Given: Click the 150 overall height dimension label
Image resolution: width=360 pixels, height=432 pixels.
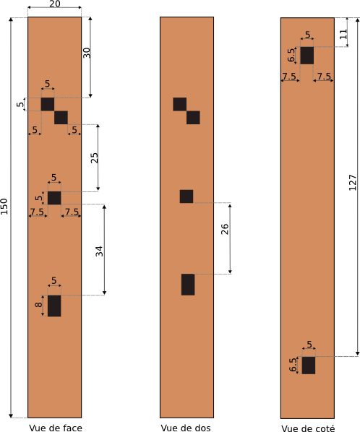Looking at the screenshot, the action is click(x=4, y=206).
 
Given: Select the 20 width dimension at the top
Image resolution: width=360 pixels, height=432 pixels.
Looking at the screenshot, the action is click(x=55, y=4).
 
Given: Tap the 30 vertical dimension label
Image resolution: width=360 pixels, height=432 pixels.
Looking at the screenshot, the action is click(x=87, y=53).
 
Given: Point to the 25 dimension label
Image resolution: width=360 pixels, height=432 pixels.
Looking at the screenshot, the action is click(x=95, y=157).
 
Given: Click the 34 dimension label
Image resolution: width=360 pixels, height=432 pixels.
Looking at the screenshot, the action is click(x=100, y=251).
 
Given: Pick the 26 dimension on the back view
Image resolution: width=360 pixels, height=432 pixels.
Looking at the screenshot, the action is click(x=225, y=229).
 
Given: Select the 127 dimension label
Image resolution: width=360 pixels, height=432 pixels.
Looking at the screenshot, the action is click(x=353, y=182).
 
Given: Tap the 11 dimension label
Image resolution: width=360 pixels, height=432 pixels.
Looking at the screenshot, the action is click(x=343, y=34).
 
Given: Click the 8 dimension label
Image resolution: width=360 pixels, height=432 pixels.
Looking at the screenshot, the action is click(x=39, y=304).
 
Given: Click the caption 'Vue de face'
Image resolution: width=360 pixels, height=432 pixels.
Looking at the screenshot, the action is click(x=56, y=428).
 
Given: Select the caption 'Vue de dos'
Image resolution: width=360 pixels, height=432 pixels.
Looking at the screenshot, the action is click(x=186, y=428).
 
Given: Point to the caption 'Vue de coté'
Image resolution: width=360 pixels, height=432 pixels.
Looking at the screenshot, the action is click(x=308, y=428).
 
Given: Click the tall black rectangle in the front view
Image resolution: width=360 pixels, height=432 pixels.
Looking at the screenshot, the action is click(x=54, y=306).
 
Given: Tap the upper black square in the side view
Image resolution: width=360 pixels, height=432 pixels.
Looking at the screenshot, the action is click(x=307, y=56).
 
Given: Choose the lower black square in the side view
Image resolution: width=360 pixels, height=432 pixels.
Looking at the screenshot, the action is click(x=309, y=366).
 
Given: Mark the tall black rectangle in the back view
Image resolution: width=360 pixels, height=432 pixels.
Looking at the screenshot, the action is click(x=188, y=285).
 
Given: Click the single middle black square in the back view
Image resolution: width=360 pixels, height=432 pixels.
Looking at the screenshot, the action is click(x=187, y=196).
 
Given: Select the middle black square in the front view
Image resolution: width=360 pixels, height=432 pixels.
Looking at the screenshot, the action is click(x=54, y=198).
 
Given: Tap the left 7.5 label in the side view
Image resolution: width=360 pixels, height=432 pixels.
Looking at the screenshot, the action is click(x=289, y=76).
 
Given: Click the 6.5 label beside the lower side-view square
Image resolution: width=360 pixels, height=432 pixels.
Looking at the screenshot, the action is click(x=293, y=365).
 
